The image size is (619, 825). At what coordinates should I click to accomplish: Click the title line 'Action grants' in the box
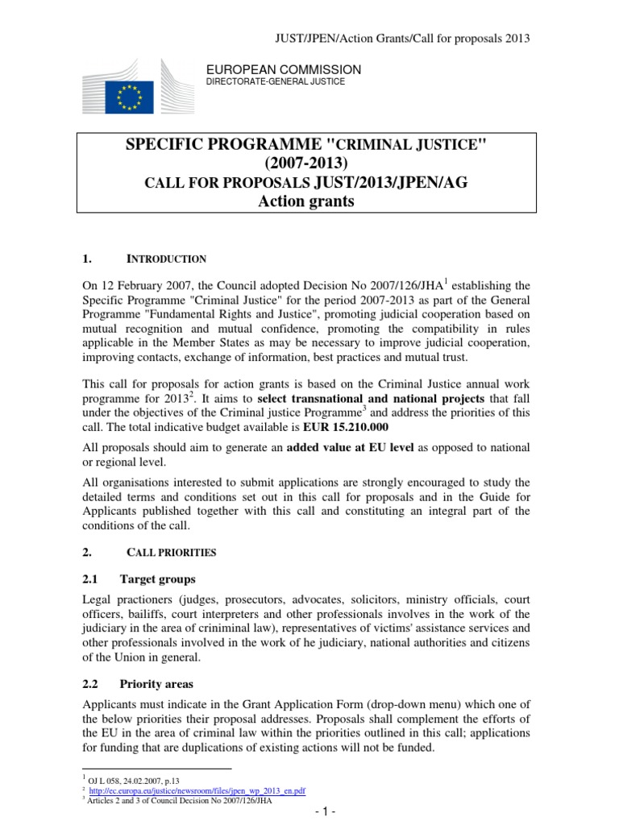[x=305, y=201]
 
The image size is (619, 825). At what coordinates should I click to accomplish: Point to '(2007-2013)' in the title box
[x=305, y=164]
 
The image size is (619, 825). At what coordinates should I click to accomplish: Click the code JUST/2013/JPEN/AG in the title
[x=390, y=182]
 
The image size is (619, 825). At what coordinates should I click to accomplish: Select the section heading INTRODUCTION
[x=167, y=259]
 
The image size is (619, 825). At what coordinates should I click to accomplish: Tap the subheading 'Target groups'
[x=158, y=578]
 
